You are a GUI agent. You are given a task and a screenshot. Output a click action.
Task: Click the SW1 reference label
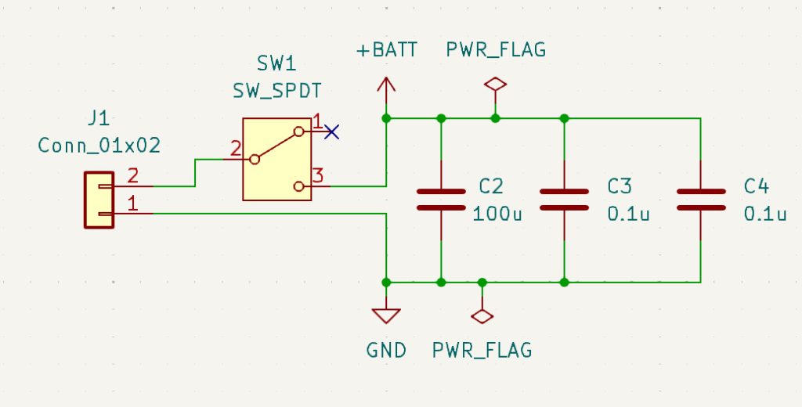276,62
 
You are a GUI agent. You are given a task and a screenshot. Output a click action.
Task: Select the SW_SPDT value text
276,90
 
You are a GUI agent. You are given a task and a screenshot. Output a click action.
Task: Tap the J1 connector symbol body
99,200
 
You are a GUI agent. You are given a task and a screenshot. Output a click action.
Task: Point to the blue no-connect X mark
332,132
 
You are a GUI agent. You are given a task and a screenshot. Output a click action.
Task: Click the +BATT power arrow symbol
386,86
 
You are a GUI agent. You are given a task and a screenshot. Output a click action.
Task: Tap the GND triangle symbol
386,315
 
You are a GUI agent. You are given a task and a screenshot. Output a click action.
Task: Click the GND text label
386,350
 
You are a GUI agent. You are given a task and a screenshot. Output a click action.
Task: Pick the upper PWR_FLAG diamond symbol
495,84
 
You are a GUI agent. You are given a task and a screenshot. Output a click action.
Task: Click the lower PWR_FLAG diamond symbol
482,315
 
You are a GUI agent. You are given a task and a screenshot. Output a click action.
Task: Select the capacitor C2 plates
441,200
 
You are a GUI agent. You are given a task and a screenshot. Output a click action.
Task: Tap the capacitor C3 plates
564,200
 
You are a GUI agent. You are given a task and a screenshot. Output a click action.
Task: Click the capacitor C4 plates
699,200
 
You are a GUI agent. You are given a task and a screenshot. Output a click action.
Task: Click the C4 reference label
757,186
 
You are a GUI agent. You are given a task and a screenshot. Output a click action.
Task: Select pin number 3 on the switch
317,175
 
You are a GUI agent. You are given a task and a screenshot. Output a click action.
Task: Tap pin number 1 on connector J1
132,203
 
